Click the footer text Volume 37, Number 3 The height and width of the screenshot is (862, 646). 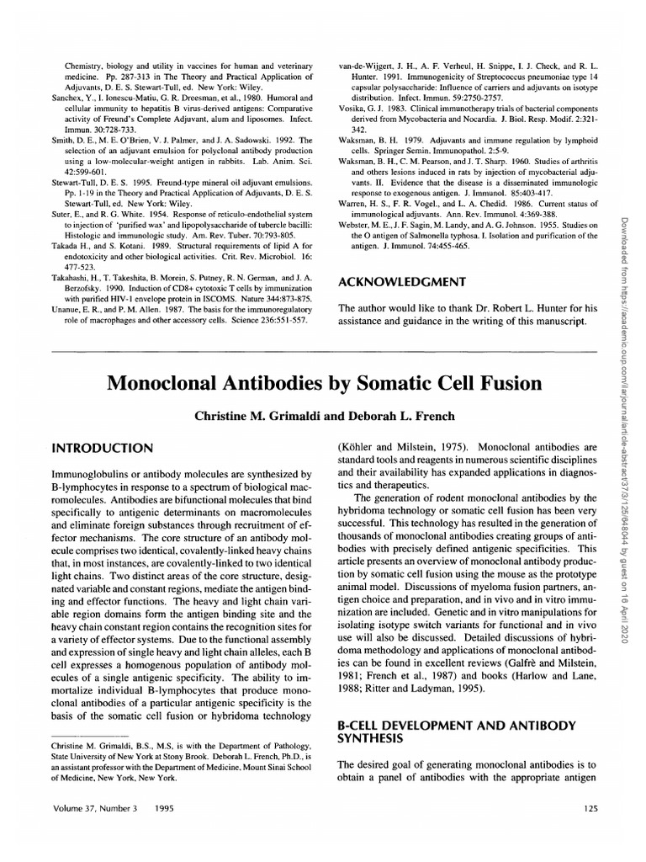point(93,833)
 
